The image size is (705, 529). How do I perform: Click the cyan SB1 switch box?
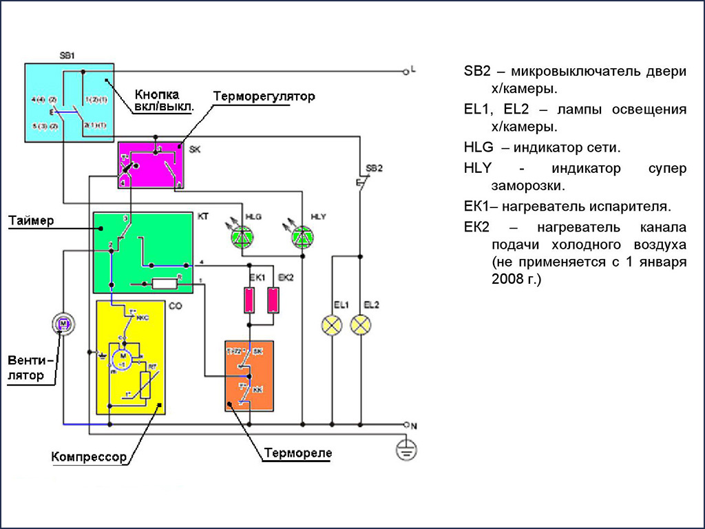point(69,102)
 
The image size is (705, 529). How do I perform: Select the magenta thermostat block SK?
point(149,164)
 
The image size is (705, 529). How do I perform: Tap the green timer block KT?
point(143,252)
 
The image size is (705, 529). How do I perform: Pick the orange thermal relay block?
point(249,375)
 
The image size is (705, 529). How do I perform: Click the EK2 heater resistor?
point(273,300)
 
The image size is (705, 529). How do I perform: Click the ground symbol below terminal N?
point(407,451)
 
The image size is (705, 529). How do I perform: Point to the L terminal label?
point(413,70)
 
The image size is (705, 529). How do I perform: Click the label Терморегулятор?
point(264,96)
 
